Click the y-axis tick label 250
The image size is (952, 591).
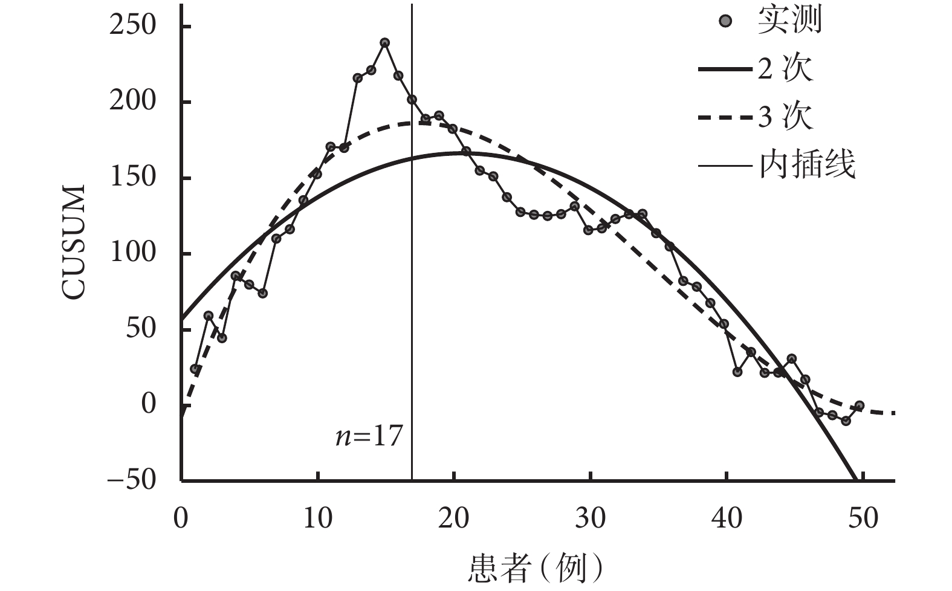click(132, 27)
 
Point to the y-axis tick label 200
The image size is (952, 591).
click(132, 102)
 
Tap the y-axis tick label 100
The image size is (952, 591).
click(132, 254)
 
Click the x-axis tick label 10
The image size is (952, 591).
click(317, 518)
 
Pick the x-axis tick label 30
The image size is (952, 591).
click(591, 518)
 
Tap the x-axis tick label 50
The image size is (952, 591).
click(863, 518)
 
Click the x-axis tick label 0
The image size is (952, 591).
click(181, 518)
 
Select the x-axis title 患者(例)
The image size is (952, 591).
click(536, 568)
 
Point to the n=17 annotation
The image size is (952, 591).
click(369, 436)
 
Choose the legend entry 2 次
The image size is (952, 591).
click(786, 69)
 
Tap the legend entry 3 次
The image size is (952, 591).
click(786, 117)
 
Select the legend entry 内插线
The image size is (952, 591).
click(808, 164)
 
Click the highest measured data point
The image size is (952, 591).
click(384, 43)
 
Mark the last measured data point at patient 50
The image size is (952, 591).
click(860, 405)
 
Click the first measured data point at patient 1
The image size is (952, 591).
click(195, 369)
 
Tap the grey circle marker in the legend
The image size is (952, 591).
click(727, 21)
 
